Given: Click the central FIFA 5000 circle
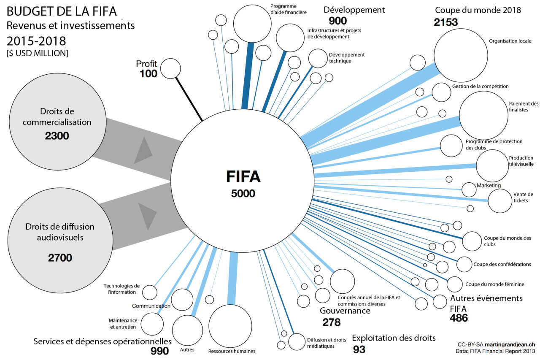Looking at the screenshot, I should click(243, 181).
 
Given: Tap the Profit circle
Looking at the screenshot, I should click(170, 68).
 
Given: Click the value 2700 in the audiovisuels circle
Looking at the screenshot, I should click(60, 257).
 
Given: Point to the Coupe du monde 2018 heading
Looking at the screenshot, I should click(478, 10).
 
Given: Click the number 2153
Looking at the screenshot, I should click(446, 22).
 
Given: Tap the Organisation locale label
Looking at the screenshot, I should click(510, 41).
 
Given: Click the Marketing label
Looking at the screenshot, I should click(488, 185).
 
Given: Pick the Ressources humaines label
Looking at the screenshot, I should click(232, 351).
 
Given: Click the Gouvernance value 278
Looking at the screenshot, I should click(331, 322).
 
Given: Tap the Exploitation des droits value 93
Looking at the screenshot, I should click(359, 349).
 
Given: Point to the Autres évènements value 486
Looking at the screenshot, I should click(459, 318).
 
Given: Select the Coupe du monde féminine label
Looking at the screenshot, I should click(494, 284).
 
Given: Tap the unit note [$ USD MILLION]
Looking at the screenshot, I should click(37, 53).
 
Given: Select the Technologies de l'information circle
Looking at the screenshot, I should click(149, 292).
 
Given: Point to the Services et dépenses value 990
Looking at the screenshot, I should click(159, 351).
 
